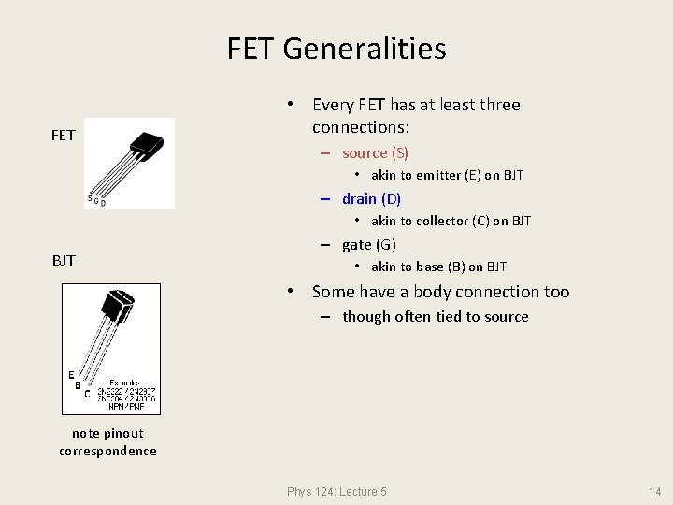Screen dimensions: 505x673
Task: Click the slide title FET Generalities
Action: tap(336, 48)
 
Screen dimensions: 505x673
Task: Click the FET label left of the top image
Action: tap(63, 136)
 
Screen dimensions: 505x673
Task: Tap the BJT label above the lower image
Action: tap(64, 260)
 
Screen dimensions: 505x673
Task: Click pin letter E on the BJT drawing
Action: tap(70, 373)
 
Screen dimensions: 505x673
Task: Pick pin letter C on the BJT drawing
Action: tap(87, 394)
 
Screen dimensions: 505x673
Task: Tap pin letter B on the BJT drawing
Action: tap(79, 383)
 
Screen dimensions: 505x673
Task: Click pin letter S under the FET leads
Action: tap(90, 198)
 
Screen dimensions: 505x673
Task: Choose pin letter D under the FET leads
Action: tap(103, 203)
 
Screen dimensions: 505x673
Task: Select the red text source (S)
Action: tap(375, 152)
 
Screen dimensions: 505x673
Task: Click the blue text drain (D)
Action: tap(371, 198)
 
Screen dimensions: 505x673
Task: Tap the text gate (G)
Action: tap(369, 245)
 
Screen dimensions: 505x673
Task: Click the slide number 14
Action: tap(654, 492)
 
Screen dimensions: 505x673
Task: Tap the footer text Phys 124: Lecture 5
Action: tap(336, 492)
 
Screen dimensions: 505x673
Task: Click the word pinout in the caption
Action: tap(122, 433)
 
